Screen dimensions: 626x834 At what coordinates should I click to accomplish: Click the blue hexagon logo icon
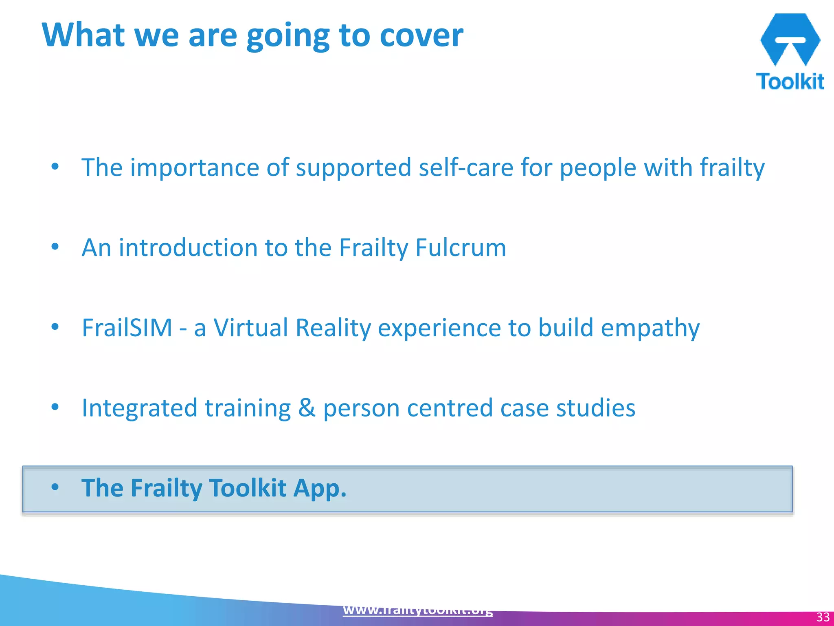(790, 39)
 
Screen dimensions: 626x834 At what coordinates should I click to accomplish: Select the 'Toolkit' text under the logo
(790, 82)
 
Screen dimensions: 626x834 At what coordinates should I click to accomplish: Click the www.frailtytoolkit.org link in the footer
(418, 610)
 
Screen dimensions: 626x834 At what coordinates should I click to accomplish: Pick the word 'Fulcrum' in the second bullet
(461, 247)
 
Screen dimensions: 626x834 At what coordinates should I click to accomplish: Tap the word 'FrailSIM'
(127, 328)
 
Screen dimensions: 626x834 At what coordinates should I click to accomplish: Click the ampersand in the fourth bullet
(307, 408)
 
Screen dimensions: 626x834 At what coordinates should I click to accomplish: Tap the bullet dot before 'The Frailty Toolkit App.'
(55, 487)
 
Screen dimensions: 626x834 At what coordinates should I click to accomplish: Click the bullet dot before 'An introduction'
(55, 247)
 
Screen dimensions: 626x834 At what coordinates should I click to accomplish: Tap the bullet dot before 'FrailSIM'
(55, 327)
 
